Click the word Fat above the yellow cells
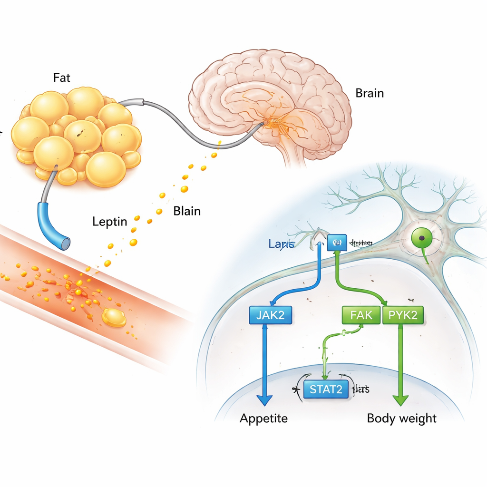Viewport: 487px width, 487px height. pyautogui.click(x=62, y=78)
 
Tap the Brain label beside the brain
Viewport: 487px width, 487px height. pyautogui.click(x=369, y=93)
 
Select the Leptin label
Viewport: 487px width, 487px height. pyautogui.click(x=110, y=221)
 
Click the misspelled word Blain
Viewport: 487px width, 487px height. pyautogui.click(x=187, y=211)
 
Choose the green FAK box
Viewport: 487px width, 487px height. pyautogui.click(x=361, y=315)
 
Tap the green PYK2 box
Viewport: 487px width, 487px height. pyautogui.click(x=403, y=315)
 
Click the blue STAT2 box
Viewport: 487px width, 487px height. pyautogui.click(x=326, y=390)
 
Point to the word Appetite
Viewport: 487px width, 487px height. pyautogui.click(x=263, y=419)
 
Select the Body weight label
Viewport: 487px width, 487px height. pyautogui.click(x=401, y=419)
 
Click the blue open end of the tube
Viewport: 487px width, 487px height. pyautogui.click(x=65, y=243)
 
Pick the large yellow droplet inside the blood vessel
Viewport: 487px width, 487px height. pyautogui.click(x=114, y=317)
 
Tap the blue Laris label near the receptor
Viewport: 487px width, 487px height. pyautogui.click(x=282, y=244)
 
